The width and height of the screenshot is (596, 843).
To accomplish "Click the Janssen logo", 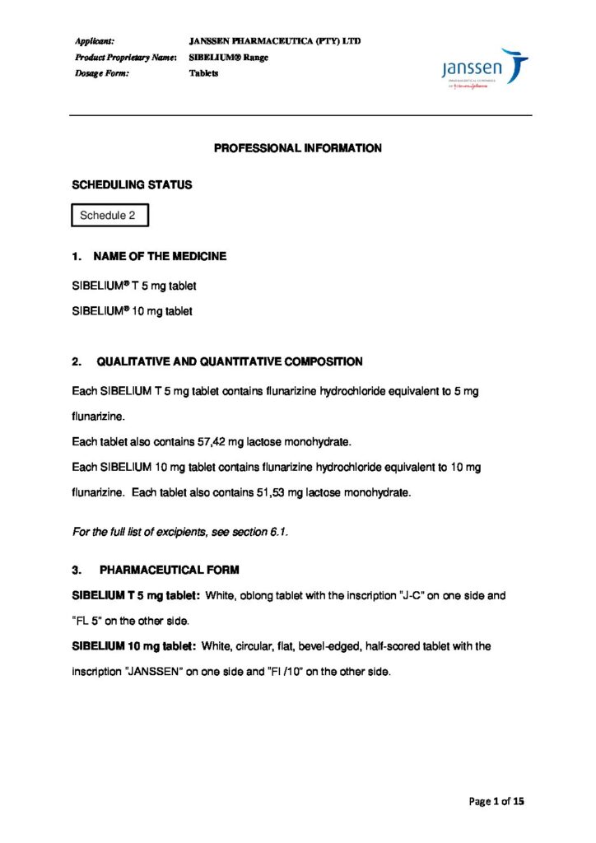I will pyautogui.click(x=484, y=69).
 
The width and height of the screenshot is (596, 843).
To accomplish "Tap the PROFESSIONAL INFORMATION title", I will pyautogui.click(x=298, y=149).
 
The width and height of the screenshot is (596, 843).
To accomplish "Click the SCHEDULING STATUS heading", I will pyautogui.click(x=133, y=185).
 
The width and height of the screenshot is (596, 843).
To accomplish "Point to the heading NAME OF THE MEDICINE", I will pyautogui.click(x=160, y=256).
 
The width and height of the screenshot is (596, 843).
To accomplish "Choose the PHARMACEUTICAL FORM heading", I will pyautogui.click(x=169, y=570).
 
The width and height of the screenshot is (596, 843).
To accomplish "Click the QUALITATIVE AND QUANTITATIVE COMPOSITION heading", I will pyautogui.click(x=229, y=361).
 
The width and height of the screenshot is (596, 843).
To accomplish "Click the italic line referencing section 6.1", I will pyautogui.click(x=180, y=532).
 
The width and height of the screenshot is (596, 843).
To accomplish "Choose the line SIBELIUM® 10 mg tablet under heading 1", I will pyautogui.click(x=134, y=312).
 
